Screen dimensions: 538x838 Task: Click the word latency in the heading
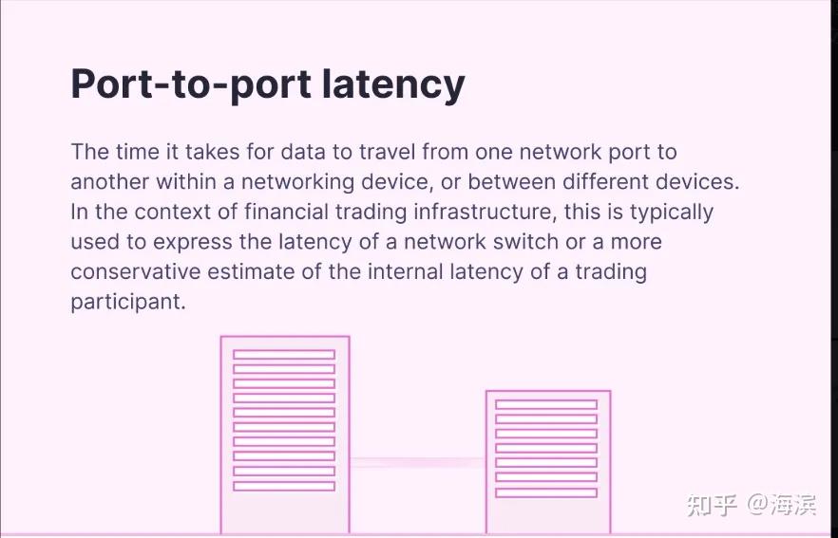[393, 83]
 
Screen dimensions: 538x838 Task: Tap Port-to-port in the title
[191, 83]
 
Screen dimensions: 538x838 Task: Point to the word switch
[518, 242]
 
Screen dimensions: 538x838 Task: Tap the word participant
[126, 303]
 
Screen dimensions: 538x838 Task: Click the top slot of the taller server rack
[284, 354]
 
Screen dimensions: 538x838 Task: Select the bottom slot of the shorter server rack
[546, 492]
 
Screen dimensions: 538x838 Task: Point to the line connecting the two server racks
[417, 463]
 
